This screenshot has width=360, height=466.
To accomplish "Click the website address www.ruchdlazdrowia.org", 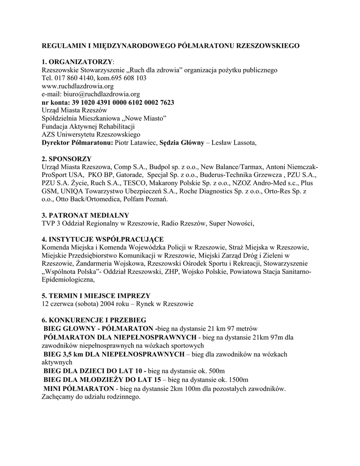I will point(77,86).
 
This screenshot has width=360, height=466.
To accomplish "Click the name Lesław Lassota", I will point(234,143).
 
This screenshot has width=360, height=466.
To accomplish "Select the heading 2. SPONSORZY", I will point(66,159).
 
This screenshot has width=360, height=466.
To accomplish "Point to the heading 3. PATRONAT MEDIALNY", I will point(85,215).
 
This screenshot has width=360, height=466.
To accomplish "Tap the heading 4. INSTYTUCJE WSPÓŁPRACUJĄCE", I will point(102,239).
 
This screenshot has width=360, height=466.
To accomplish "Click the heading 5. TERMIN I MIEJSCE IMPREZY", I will point(96,296).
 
